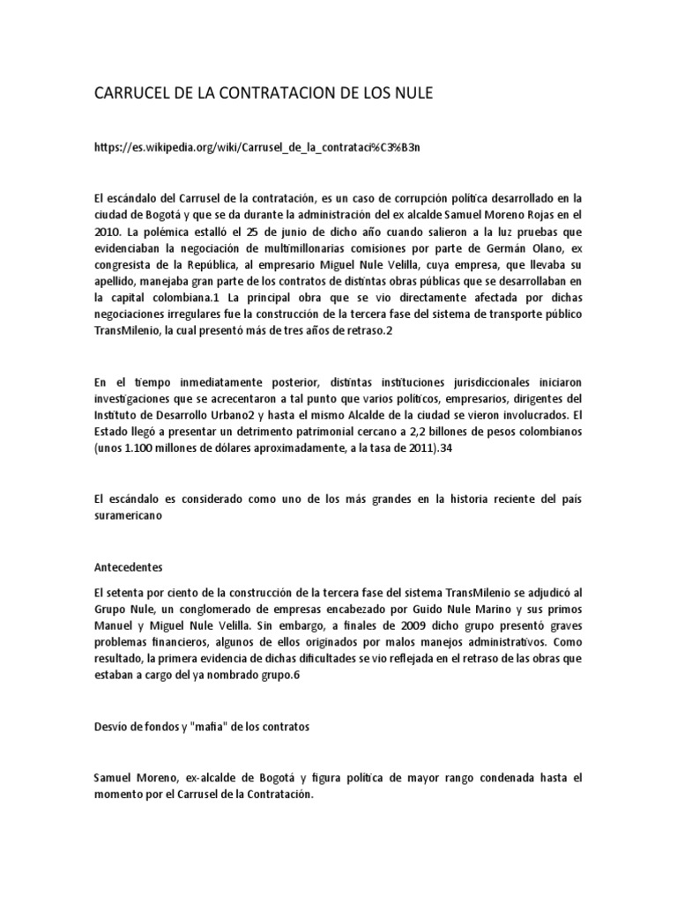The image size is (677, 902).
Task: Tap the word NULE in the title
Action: (412, 92)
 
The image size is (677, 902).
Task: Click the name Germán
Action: (505, 249)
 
